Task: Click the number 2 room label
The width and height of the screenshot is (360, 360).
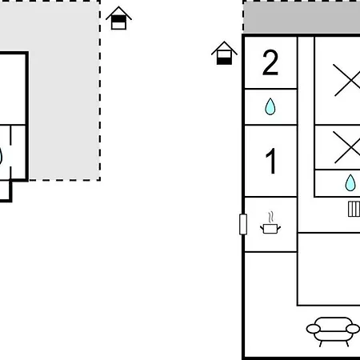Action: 270,62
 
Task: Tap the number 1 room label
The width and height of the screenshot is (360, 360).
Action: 271,161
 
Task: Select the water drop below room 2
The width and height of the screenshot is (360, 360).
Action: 270,106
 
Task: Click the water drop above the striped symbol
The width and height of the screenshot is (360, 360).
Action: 350,182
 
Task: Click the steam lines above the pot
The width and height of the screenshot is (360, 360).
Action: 271,218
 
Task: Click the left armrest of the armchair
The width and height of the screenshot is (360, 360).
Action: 314,329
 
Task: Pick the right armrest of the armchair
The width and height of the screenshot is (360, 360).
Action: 353,329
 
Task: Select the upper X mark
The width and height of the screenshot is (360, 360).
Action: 347,80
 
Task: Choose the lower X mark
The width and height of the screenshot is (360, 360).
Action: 347,147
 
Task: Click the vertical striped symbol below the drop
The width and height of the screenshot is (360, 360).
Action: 354,209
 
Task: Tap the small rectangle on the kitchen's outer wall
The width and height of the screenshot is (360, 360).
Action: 243,224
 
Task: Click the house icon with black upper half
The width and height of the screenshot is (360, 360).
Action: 118,18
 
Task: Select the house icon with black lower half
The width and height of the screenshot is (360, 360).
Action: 224,53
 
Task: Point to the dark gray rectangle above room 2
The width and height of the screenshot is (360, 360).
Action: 302,18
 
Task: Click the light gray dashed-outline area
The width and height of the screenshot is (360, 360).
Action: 64,90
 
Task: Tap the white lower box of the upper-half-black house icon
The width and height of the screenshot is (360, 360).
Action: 118,26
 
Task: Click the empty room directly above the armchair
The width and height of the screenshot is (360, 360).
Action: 329,269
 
